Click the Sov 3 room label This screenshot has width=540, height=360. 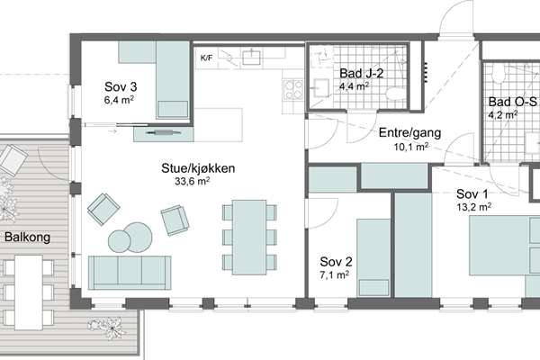pyautogui.click(x=121, y=86)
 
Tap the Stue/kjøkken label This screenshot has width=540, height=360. pyautogui.click(x=198, y=168)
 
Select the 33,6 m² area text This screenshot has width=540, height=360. pyautogui.click(x=193, y=181)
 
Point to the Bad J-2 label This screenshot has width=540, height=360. pyautogui.click(x=361, y=73)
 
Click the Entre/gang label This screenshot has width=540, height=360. pyautogui.click(x=409, y=133)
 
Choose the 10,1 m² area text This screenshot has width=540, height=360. pyautogui.click(x=411, y=147)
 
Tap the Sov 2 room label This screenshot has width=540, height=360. pyautogui.click(x=336, y=262)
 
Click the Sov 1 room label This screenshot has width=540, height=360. pyautogui.click(x=472, y=194)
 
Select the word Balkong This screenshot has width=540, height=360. pyautogui.click(x=27, y=238)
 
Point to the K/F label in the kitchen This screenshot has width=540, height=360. pyautogui.click(x=206, y=58)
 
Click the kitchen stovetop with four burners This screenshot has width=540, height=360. pyautogui.click(x=293, y=90)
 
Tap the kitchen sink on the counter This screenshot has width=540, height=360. pyautogui.click(x=251, y=57)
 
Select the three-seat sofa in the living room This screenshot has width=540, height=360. pyautogui.click(x=130, y=273)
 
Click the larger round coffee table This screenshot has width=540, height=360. pyautogui.click(x=138, y=237)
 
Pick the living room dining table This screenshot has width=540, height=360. pyautogui.click(x=249, y=238)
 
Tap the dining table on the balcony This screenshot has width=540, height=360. pyautogui.click(x=29, y=292)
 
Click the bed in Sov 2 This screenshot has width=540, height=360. pyautogui.click(x=373, y=257)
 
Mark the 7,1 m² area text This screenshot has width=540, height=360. pyautogui.click(x=335, y=274)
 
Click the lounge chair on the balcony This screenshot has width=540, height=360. pyautogui.click(x=13, y=160)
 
